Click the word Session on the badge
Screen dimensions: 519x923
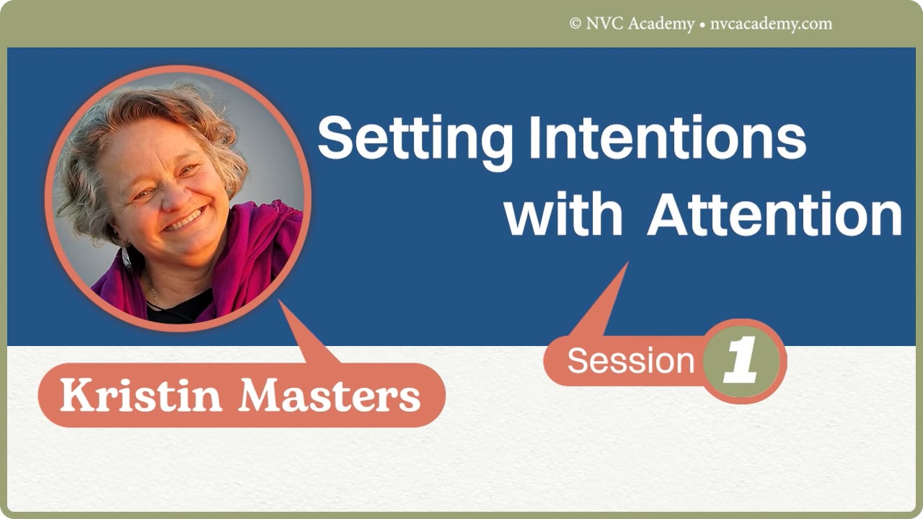pos(630,360)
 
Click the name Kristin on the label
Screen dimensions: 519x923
pos(140,395)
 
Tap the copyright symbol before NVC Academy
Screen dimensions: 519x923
pos(575,24)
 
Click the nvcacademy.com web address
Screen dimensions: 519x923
pos(770,24)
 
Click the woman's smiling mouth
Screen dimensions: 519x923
pos(185,219)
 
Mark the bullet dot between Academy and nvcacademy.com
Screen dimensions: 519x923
pos(702,25)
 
